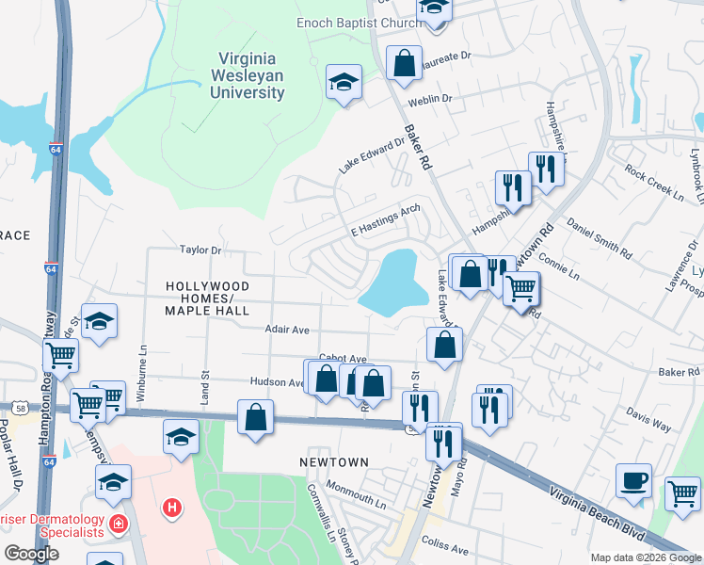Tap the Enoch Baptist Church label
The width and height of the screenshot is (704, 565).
[359, 23]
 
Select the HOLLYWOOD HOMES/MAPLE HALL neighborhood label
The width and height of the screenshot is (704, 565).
[207, 298]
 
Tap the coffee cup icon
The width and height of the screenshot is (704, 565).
[633, 481]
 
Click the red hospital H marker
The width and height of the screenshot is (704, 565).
[171, 508]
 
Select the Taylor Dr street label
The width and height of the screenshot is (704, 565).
[200, 250]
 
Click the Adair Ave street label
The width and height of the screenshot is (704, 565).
[287, 331]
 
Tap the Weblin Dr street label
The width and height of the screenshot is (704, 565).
[430, 99]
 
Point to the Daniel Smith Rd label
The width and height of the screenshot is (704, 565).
[600, 238]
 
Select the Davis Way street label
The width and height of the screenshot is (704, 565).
[648, 420]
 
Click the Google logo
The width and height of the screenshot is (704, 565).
[31, 554]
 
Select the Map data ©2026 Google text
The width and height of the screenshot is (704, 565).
[645, 557]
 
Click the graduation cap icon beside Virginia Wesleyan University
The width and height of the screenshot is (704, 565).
[344, 82]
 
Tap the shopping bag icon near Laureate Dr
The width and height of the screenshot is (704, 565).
[403, 64]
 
